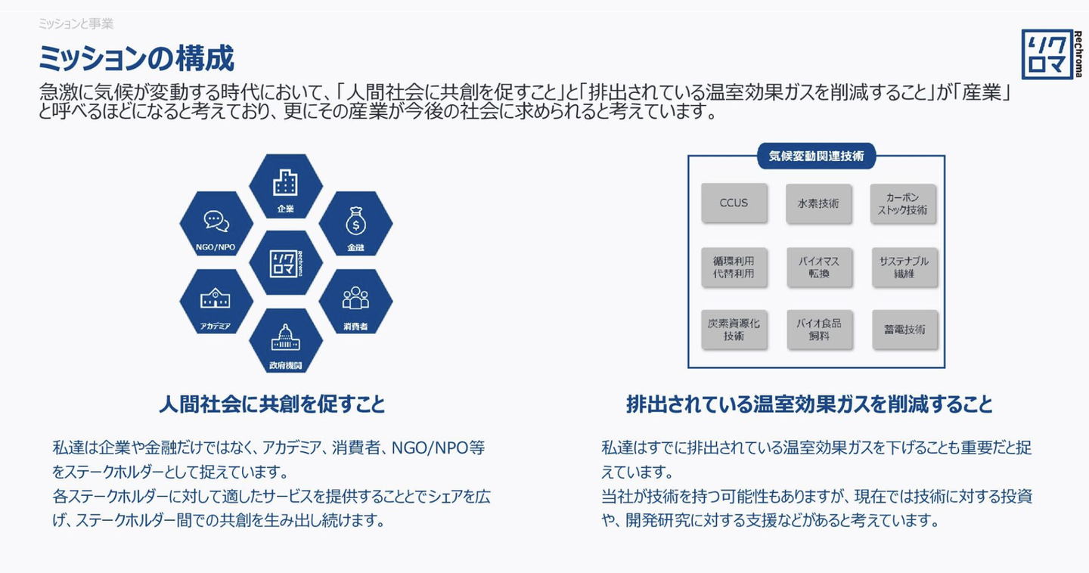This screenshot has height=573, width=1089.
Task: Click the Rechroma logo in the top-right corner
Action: point(1052,54)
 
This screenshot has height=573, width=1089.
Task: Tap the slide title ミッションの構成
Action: point(136,58)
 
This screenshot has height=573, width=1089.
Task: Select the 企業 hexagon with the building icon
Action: point(286,187)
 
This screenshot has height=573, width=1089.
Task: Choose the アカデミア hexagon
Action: point(216,302)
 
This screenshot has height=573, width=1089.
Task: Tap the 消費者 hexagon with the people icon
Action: point(355,302)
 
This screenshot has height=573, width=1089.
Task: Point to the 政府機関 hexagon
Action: point(286,341)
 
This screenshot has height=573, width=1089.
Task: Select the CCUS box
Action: point(734,203)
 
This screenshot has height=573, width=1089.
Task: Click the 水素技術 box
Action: point(818,203)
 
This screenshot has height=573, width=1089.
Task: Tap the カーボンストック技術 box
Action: point(903,203)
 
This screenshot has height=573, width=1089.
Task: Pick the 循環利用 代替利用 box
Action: point(734,267)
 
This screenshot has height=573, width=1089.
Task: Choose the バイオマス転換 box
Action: point(818,267)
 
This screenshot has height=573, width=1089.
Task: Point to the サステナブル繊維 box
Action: point(904,267)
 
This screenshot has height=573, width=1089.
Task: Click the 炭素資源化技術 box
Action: point(734,330)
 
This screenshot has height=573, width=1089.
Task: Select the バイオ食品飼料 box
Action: point(818,330)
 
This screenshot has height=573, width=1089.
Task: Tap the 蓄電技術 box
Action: point(904,330)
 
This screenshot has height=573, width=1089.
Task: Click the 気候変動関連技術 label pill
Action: point(816,156)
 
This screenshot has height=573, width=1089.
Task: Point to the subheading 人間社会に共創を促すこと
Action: point(271,404)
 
